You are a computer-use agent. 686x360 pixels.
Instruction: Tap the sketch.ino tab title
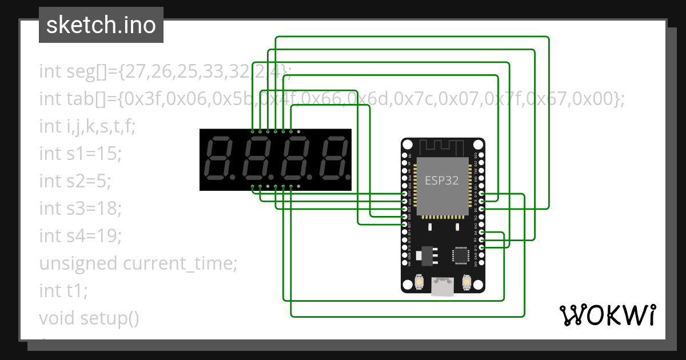[x=101, y=25]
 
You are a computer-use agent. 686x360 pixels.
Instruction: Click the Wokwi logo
[x=607, y=315]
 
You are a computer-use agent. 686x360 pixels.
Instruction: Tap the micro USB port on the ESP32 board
[x=442, y=286]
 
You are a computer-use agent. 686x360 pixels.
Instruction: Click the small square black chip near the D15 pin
[x=460, y=255]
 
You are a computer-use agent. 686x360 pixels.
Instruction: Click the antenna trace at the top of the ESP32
[x=442, y=147]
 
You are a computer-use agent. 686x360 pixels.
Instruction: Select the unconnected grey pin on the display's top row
[x=298, y=131]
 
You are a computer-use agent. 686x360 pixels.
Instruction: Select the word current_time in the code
[x=180, y=263]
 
